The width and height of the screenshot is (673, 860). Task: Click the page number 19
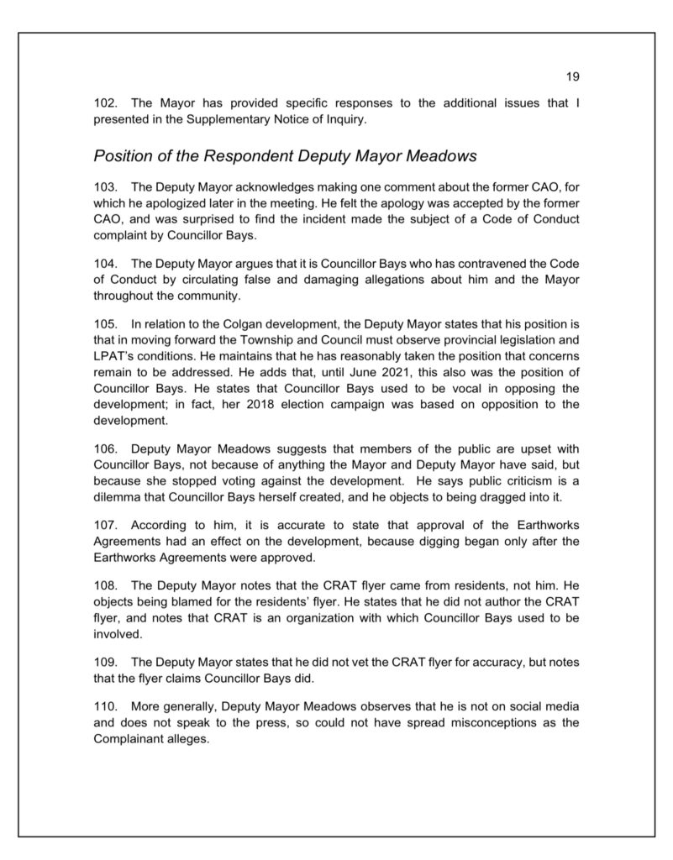(x=572, y=77)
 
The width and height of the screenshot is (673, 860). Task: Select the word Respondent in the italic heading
(x=239, y=155)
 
